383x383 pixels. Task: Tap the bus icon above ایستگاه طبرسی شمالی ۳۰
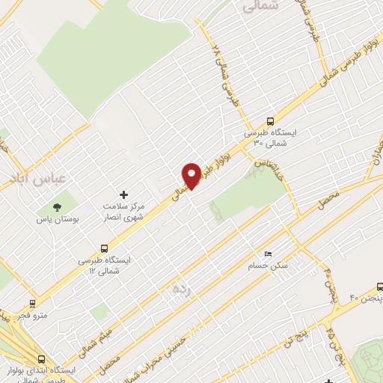(x=270, y=120)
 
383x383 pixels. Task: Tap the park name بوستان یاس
(x=57, y=221)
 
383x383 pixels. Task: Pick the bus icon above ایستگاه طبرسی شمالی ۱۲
(x=103, y=249)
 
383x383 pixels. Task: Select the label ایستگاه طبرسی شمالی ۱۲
(x=103, y=265)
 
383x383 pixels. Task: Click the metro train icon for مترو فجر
(x=32, y=303)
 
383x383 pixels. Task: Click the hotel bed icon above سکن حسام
(x=269, y=254)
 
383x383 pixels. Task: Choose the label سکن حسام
(x=269, y=266)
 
